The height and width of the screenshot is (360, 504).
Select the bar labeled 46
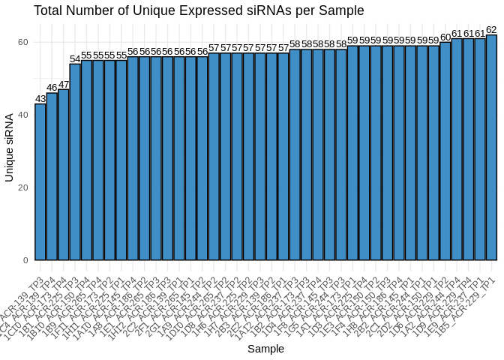[x=52, y=176]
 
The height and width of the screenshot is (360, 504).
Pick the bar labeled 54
[x=75, y=162]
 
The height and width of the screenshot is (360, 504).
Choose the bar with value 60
[x=445, y=151]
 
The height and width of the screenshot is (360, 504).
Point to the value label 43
[x=40, y=98]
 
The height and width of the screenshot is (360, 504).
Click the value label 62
[x=491, y=29]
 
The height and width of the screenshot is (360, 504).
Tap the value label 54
[x=75, y=58]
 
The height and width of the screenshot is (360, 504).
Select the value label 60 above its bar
[x=445, y=37]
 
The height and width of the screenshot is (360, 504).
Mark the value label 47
[x=64, y=84]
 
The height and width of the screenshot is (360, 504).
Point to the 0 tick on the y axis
[x=25, y=260]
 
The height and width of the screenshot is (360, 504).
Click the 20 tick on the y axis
[x=22, y=187]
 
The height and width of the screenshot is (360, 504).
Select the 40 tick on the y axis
[x=22, y=115]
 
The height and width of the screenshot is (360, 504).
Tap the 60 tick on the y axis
[x=22, y=42]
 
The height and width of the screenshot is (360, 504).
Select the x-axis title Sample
[x=265, y=349]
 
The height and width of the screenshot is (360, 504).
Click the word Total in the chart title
[x=50, y=10]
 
